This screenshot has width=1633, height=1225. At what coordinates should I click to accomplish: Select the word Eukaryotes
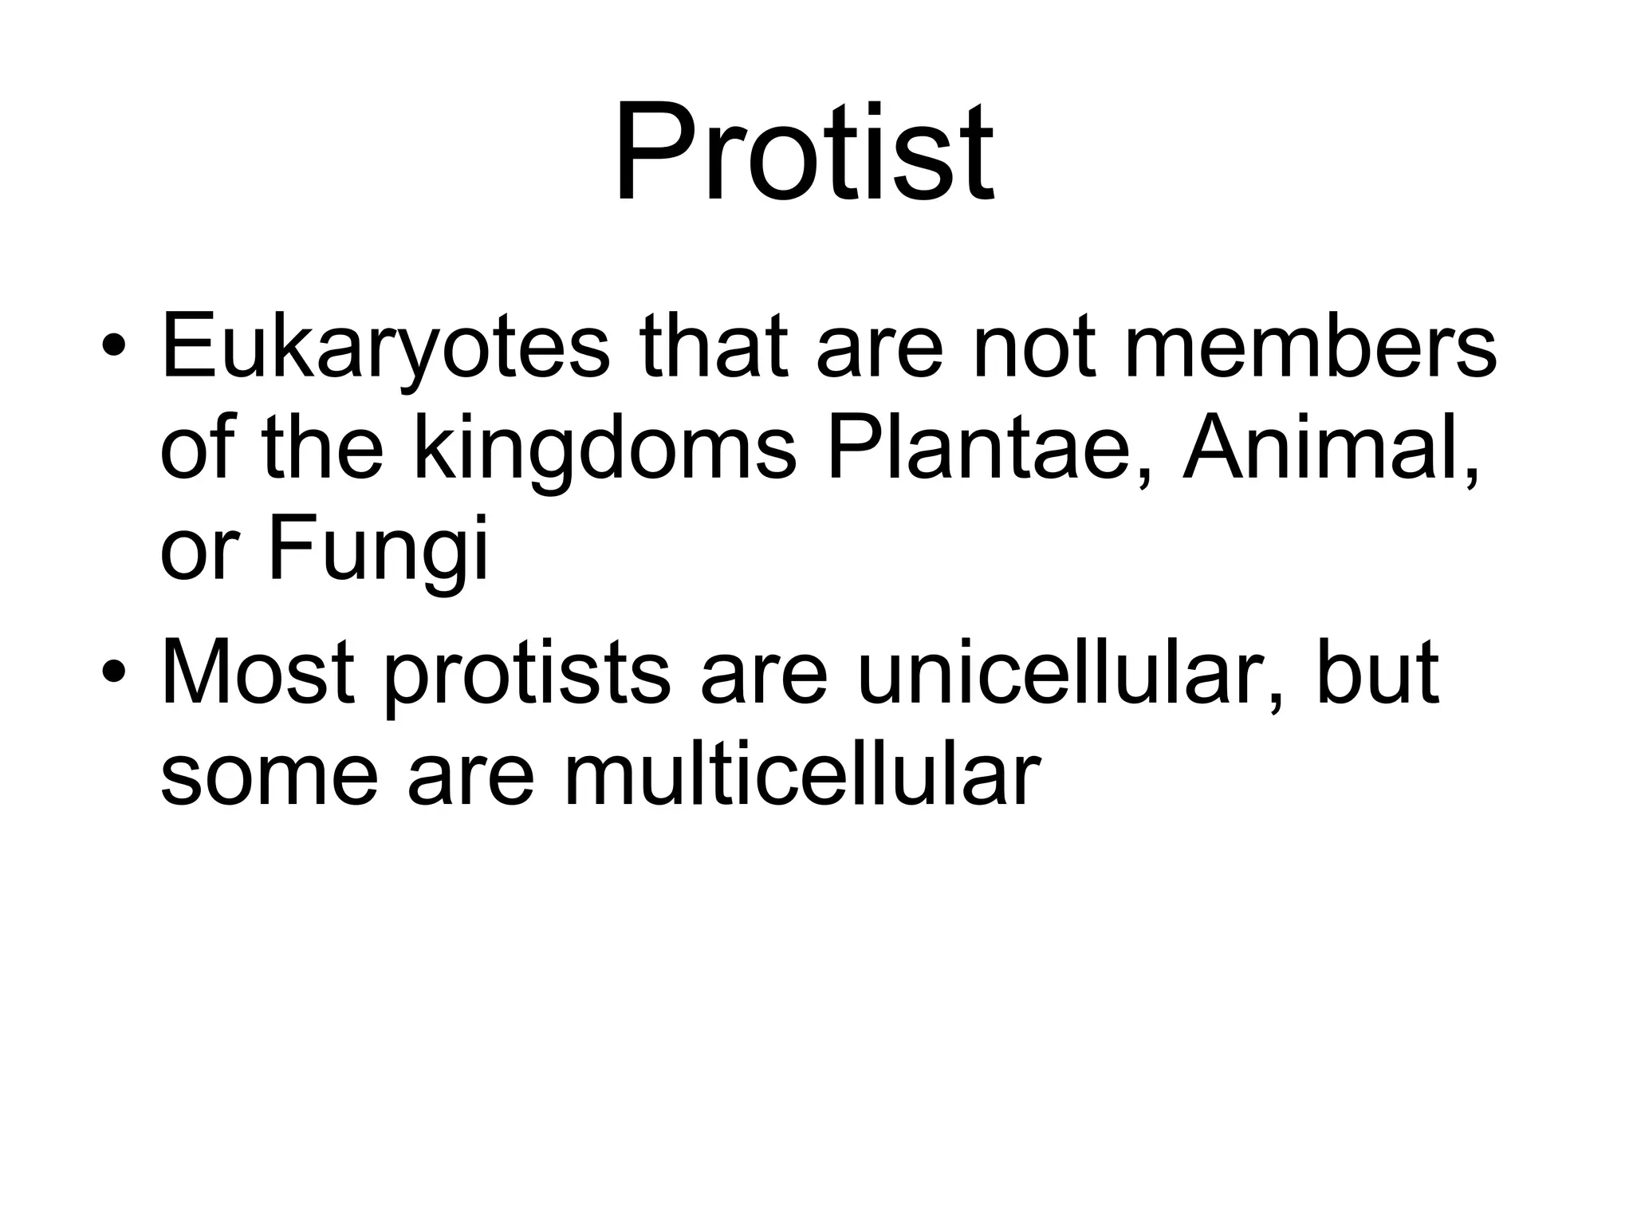385,349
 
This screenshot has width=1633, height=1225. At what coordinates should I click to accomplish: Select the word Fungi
378,550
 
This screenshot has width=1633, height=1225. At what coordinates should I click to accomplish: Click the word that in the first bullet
714,347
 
